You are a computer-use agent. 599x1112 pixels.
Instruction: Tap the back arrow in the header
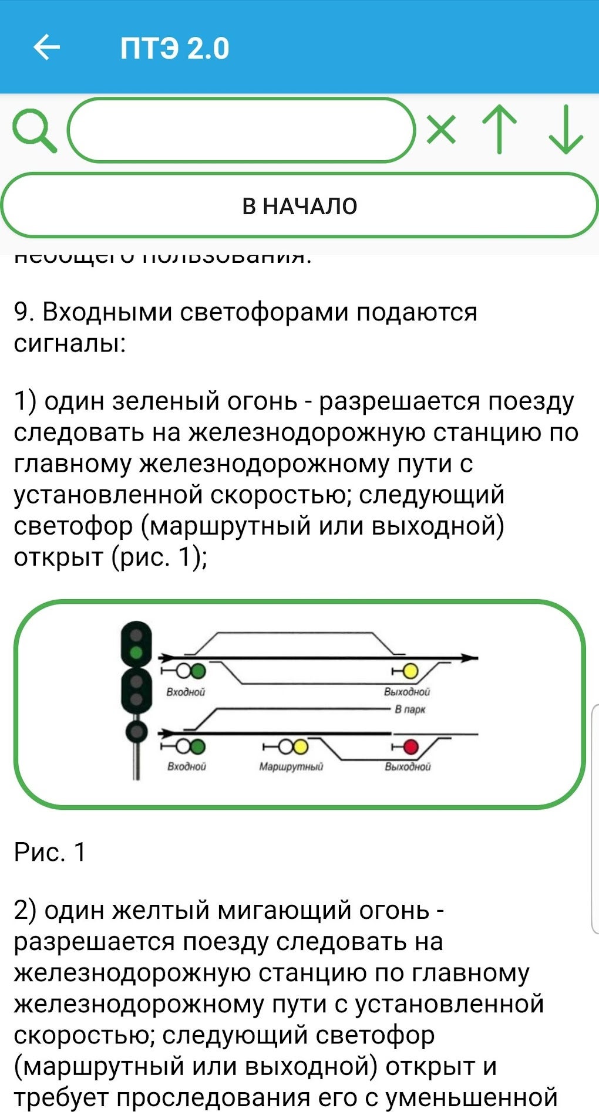pyautogui.click(x=46, y=48)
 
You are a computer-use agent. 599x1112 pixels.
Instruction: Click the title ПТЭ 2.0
pyautogui.click(x=174, y=48)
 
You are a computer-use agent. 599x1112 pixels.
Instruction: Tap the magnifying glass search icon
pyautogui.click(x=34, y=131)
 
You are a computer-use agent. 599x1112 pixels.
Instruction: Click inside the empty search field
pyautogui.click(x=241, y=130)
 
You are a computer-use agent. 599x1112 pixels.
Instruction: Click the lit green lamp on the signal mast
pyautogui.click(x=136, y=653)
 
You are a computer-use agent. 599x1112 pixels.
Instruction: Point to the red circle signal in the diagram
pyautogui.click(x=410, y=746)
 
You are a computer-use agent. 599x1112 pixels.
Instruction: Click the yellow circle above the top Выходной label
pyautogui.click(x=410, y=671)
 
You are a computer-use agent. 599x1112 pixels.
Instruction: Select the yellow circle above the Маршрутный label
pyautogui.click(x=300, y=746)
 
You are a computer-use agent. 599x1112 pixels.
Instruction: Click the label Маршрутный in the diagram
pyautogui.click(x=291, y=766)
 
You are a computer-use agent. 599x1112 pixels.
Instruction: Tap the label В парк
pyautogui.click(x=410, y=709)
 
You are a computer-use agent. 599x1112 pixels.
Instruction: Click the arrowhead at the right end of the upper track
pyautogui.click(x=469, y=658)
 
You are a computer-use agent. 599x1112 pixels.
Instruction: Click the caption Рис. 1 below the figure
pyautogui.click(x=50, y=852)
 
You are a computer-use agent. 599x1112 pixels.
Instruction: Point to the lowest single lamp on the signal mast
pyautogui.click(x=136, y=731)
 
